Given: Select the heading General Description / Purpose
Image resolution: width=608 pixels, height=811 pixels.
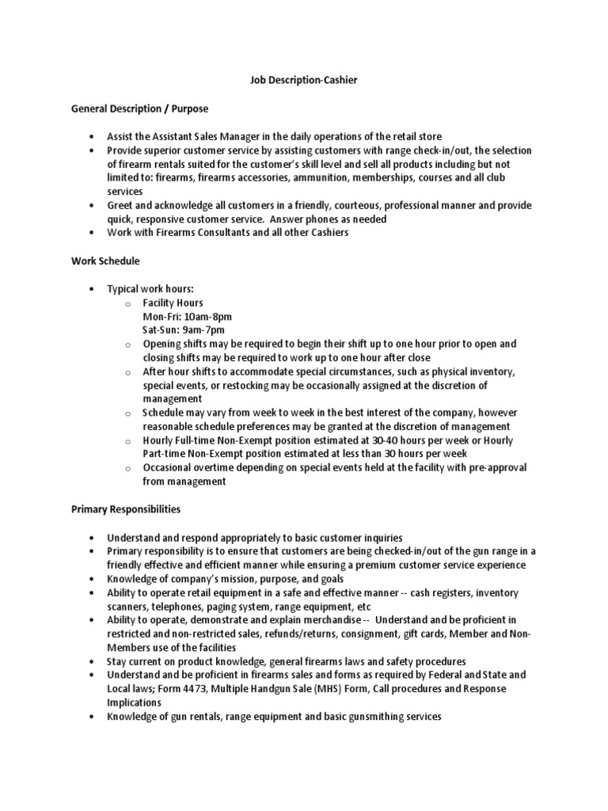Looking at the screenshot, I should pos(140,109).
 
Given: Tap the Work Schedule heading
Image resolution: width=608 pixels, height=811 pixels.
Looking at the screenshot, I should pos(105,261).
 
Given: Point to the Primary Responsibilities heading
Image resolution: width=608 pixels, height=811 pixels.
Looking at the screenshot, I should pos(126,508).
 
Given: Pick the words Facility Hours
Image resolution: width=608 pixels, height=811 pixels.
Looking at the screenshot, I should pos(173,303).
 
